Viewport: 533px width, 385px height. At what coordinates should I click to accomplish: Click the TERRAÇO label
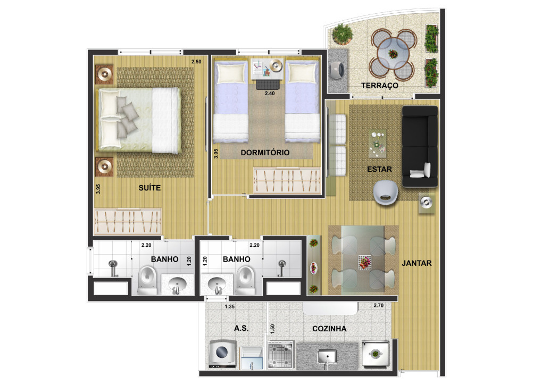[379, 85]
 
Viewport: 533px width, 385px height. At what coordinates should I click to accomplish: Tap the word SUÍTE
[149, 188]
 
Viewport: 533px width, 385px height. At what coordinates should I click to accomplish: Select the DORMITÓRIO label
[265, 153]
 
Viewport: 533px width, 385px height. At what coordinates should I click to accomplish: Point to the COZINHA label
[329, 329]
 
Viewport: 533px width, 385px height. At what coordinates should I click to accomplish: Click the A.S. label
[241, 328]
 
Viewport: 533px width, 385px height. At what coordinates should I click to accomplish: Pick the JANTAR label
[417, 263]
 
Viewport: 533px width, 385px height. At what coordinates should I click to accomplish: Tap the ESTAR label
[379, 169]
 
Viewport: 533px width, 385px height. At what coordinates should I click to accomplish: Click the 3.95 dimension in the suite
[98, 189]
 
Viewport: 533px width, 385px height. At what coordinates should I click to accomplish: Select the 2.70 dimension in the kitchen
[378, 305]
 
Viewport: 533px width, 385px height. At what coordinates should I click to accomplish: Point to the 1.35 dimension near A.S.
[229, 306]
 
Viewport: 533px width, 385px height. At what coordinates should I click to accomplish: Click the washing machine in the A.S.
[222, 354]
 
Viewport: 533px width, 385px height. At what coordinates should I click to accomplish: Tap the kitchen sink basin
[327, 356]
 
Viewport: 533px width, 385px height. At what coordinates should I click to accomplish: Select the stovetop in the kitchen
[280, 354]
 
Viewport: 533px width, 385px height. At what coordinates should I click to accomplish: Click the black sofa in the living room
[420, 146]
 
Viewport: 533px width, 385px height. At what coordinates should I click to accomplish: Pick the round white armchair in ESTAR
[385, 192]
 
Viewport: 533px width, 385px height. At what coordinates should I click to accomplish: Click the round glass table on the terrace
[393, 54]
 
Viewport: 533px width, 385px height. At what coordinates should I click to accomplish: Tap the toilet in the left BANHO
[147, 279]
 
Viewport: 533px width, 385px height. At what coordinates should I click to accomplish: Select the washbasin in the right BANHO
[217, 284]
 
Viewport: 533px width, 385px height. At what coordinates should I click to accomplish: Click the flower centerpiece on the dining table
[364, 262]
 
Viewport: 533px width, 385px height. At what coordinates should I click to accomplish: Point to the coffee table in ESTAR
[378, 144]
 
